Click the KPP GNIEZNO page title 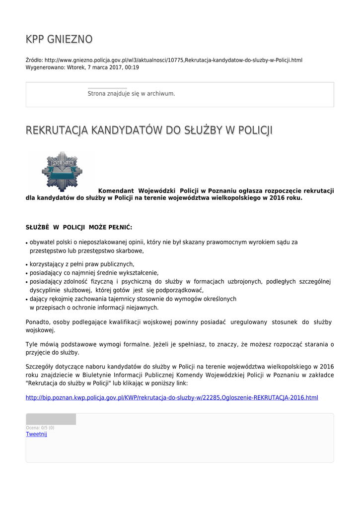[x=59, y=39]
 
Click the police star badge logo [x=62, y=171]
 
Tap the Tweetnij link [x=36, y=434]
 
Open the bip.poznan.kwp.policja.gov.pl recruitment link [x=171, y=397]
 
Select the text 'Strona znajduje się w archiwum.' [x=131, y=93]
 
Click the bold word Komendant [x=116, y=190]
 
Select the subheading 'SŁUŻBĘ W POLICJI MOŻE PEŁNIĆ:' [x=79, y=227]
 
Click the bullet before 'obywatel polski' [x=26, y=243]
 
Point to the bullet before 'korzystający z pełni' [x=26, y=265]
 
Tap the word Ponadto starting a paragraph [x=37, y=322]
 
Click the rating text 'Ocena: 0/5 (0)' [x=40, y=428]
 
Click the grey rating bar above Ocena [x=51, y=419]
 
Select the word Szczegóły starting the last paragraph [x=39, y=367]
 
